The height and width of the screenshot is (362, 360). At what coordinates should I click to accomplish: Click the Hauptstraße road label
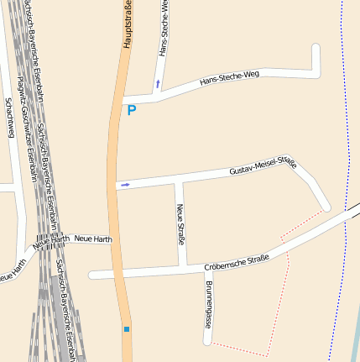click(128, 24)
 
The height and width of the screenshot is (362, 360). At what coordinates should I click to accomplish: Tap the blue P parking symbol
click(131, 110)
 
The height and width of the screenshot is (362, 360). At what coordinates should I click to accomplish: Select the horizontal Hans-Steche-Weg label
click(229, 79)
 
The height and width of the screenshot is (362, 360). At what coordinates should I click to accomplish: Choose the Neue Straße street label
click(180, 223)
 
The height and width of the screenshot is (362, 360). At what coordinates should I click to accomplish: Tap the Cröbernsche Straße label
click(237, 263)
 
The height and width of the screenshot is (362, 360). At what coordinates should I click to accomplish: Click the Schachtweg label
click(9, 118)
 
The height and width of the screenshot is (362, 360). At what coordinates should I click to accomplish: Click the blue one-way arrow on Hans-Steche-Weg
click(157, 84)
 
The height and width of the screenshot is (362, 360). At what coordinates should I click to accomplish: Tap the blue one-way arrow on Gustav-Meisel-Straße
click(125, 185)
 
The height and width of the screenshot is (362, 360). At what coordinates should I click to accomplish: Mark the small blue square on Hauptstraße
click(127, 329)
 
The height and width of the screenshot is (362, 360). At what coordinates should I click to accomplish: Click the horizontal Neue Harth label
click(93, 239)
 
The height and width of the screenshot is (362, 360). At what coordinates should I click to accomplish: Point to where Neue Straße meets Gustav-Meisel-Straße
click(177, 180)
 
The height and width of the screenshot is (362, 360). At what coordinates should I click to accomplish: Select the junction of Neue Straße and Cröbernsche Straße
click(183, 269)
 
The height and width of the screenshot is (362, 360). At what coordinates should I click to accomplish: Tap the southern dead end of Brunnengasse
click(206, 341)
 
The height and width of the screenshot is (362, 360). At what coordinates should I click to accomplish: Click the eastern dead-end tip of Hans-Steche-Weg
click(316, 47)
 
